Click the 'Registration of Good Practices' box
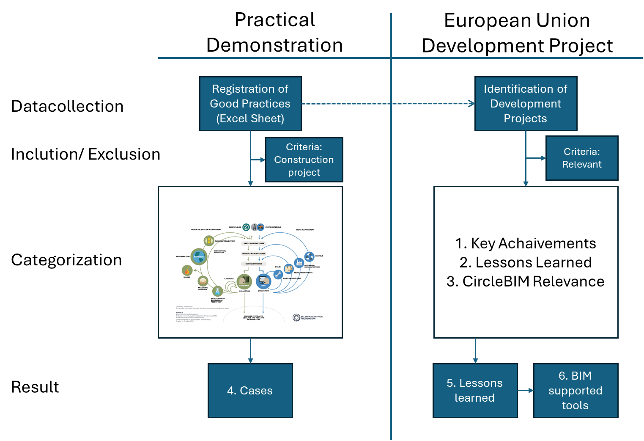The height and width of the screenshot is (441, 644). (x=250, y=104)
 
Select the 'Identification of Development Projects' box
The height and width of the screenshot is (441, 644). (x=526, y=104)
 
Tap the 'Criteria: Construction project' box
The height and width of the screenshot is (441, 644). (x=304, y=160)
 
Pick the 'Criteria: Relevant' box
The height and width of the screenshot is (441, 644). (x=581, y=158)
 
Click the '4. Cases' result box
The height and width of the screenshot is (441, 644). (x=250, y=390)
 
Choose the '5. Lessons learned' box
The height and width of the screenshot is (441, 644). (x=475, y=390)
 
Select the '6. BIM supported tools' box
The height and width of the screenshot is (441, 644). (x=575, y=390)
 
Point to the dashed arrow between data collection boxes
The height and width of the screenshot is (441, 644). (x=388, y=104)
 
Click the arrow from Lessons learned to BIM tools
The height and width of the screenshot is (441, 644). (x=525, y=390)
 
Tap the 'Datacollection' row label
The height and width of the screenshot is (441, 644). (x=67, y=106)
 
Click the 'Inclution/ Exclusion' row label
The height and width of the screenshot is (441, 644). (x=85, y=154)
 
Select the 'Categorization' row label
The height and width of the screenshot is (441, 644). (x=66, y=260)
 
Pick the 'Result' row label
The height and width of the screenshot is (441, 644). (x=35, y=387)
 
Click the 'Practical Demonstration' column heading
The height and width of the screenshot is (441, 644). (x=274, y=33)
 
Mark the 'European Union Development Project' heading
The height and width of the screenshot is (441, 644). (x=517, y=33)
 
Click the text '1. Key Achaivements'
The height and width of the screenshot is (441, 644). (x=526, y=243)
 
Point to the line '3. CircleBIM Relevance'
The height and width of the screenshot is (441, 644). (x=526, y=281)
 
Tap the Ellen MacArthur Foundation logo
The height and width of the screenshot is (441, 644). (x=308, y=317)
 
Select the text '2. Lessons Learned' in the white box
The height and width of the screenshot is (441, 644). (x=526, y=262)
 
